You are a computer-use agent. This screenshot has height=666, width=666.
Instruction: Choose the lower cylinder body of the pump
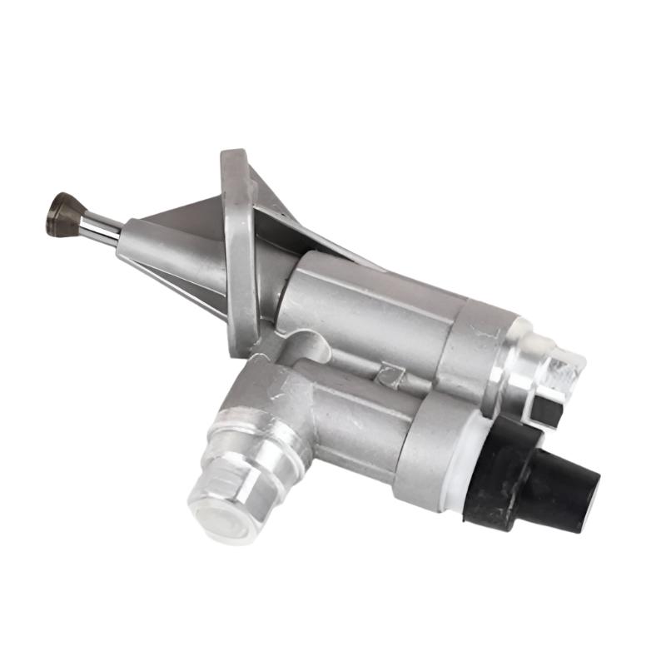366,416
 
